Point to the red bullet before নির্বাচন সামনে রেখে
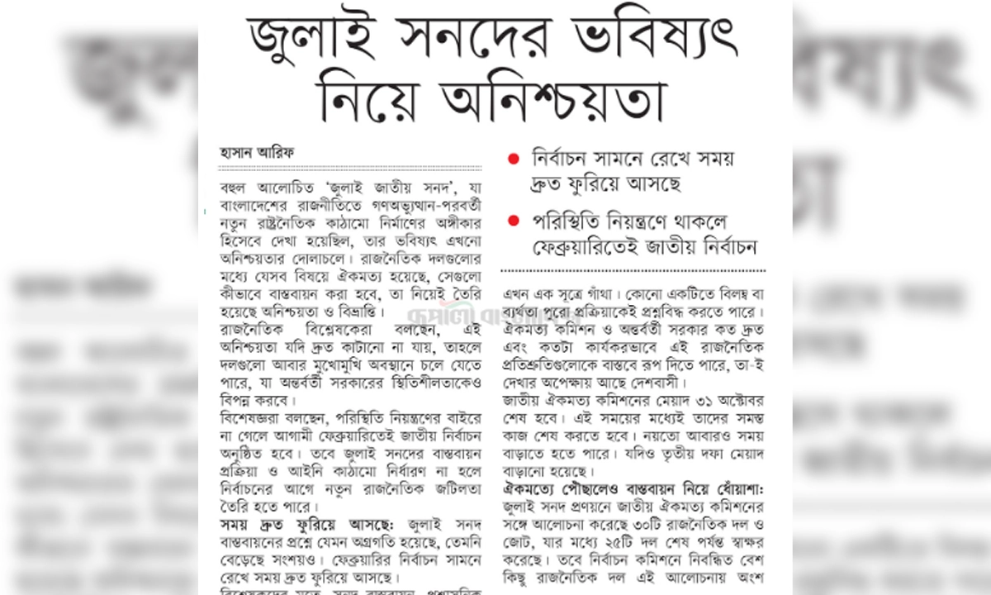pyautogui.click(x=514, y=159)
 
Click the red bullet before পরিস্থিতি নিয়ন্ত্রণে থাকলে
pyautogui.click(x=514, y=221)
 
